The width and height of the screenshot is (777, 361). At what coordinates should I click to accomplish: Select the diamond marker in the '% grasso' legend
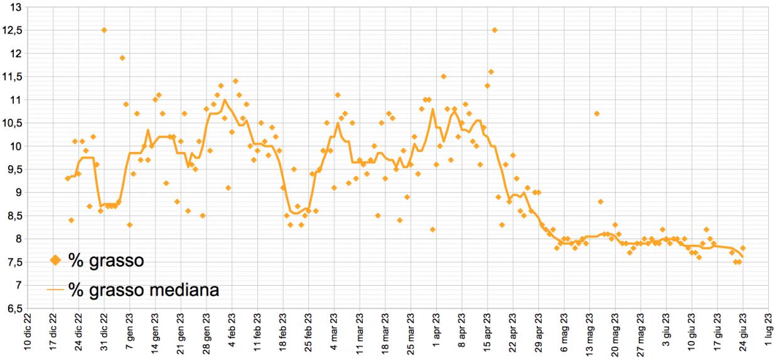[55, 260]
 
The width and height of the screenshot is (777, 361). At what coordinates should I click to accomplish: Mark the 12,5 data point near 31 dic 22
[104, 30]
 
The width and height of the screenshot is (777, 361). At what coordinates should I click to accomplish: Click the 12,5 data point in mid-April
[495, 30]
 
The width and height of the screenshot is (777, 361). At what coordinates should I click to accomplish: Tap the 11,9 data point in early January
[122, 58]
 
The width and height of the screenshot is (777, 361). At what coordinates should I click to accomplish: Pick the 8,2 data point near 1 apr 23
[432, 229]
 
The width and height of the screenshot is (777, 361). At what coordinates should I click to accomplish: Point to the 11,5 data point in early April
[443, 77]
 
